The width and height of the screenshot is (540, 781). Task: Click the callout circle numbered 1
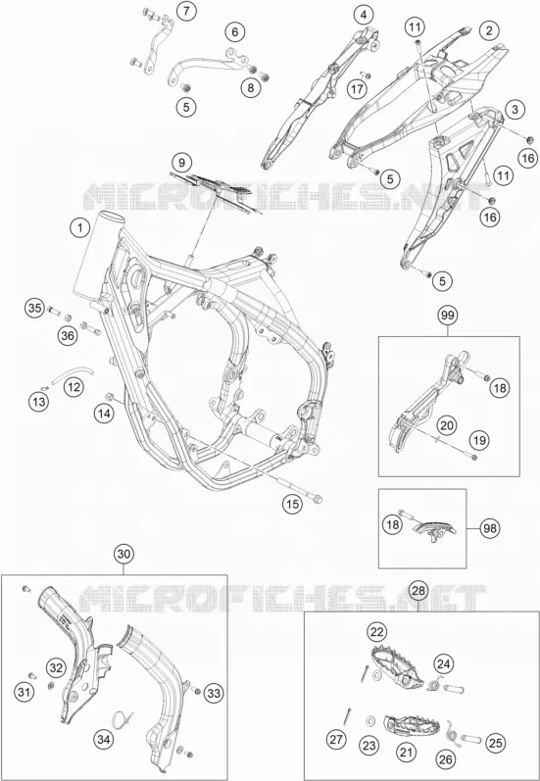pos(78,228)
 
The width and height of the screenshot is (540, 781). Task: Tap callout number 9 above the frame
pos(182,162)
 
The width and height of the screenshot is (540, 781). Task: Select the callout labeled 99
pos(448,316)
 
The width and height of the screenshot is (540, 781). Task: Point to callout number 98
pos(490,528)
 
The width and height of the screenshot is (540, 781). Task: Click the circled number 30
pos(124,554)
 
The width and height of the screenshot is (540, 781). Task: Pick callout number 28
pos(418,591)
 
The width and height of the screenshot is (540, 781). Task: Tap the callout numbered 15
pos(293,505)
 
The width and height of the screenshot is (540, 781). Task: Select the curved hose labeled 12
pos(72,372)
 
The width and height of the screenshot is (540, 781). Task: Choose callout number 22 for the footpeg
pos(377,633)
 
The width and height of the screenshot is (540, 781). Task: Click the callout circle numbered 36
pos(69,335)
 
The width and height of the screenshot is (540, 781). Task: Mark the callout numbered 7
pos(186,12)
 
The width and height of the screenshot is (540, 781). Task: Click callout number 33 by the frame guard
pos(215,693)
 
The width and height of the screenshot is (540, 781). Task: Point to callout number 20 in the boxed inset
pos(447,425)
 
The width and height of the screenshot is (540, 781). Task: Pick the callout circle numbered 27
pos(337,740)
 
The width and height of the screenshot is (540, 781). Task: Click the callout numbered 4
pos(364,15)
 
